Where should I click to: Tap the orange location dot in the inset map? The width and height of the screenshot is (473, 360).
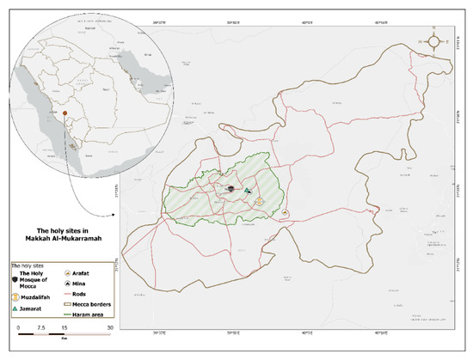pos(64,111)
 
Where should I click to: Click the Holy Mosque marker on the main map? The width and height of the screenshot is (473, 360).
pos(230,188)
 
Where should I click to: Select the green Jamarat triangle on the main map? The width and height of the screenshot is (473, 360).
pos(247,191)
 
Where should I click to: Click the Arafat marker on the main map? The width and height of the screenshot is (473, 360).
pos(286,211)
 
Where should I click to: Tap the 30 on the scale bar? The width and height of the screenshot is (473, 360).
pos(108,327)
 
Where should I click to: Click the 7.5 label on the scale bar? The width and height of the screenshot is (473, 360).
pos(40,327)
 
